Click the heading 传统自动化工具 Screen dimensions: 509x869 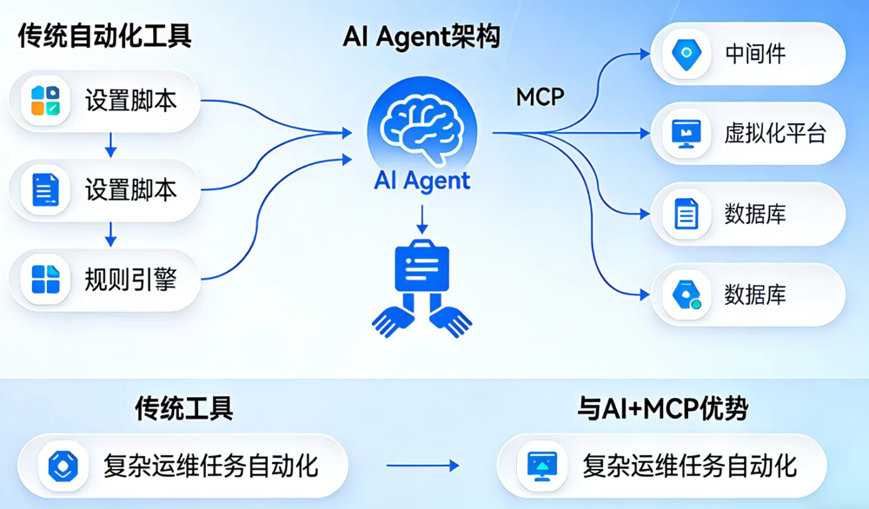point(104,36)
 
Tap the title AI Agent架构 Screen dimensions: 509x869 point(421,36)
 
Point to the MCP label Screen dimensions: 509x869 point(540,96)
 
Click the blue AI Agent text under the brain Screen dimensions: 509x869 point(421,181)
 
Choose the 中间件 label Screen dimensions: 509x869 point(755,54)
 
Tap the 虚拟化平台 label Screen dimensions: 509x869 point(774,134)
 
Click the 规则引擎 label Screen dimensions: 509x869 point(130,279)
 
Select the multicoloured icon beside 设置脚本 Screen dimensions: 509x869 point(45,101)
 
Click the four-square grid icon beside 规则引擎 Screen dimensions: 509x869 point(45,279)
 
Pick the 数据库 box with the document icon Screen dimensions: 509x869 point(747,214)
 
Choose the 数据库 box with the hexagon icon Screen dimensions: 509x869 point(747,294)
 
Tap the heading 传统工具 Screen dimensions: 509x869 point(183,408)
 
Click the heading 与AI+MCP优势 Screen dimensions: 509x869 point(662,408)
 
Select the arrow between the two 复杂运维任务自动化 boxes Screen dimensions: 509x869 point(434,466)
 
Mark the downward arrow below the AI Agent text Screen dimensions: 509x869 point(421,218)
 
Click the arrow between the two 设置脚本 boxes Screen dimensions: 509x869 point(110,144)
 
